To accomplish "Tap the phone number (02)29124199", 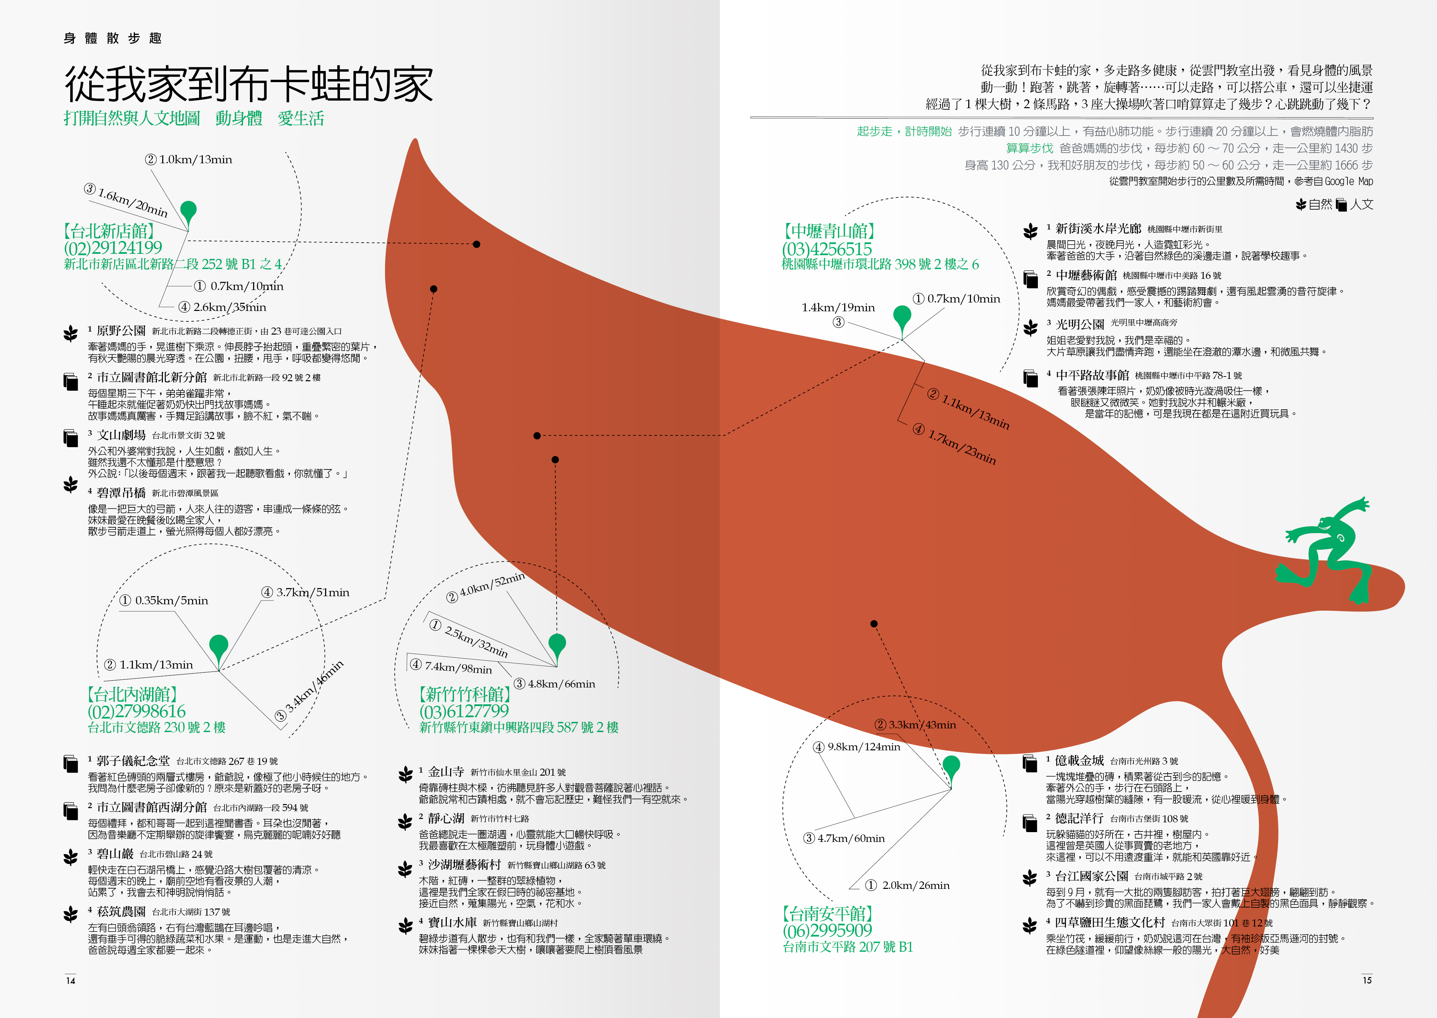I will (x=113, y=248).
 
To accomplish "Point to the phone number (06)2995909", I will (x=827, y=930).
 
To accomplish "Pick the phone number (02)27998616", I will (x=137, y=711).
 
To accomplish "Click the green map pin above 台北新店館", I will (x=188, y=212).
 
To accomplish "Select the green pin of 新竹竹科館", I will (x=557, y=645).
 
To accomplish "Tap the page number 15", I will (x=1367, y=980).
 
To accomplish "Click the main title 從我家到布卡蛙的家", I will (x=249, y=84).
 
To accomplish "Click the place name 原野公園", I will (x=121, y=330).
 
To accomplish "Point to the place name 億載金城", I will (x=1079, y=760).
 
